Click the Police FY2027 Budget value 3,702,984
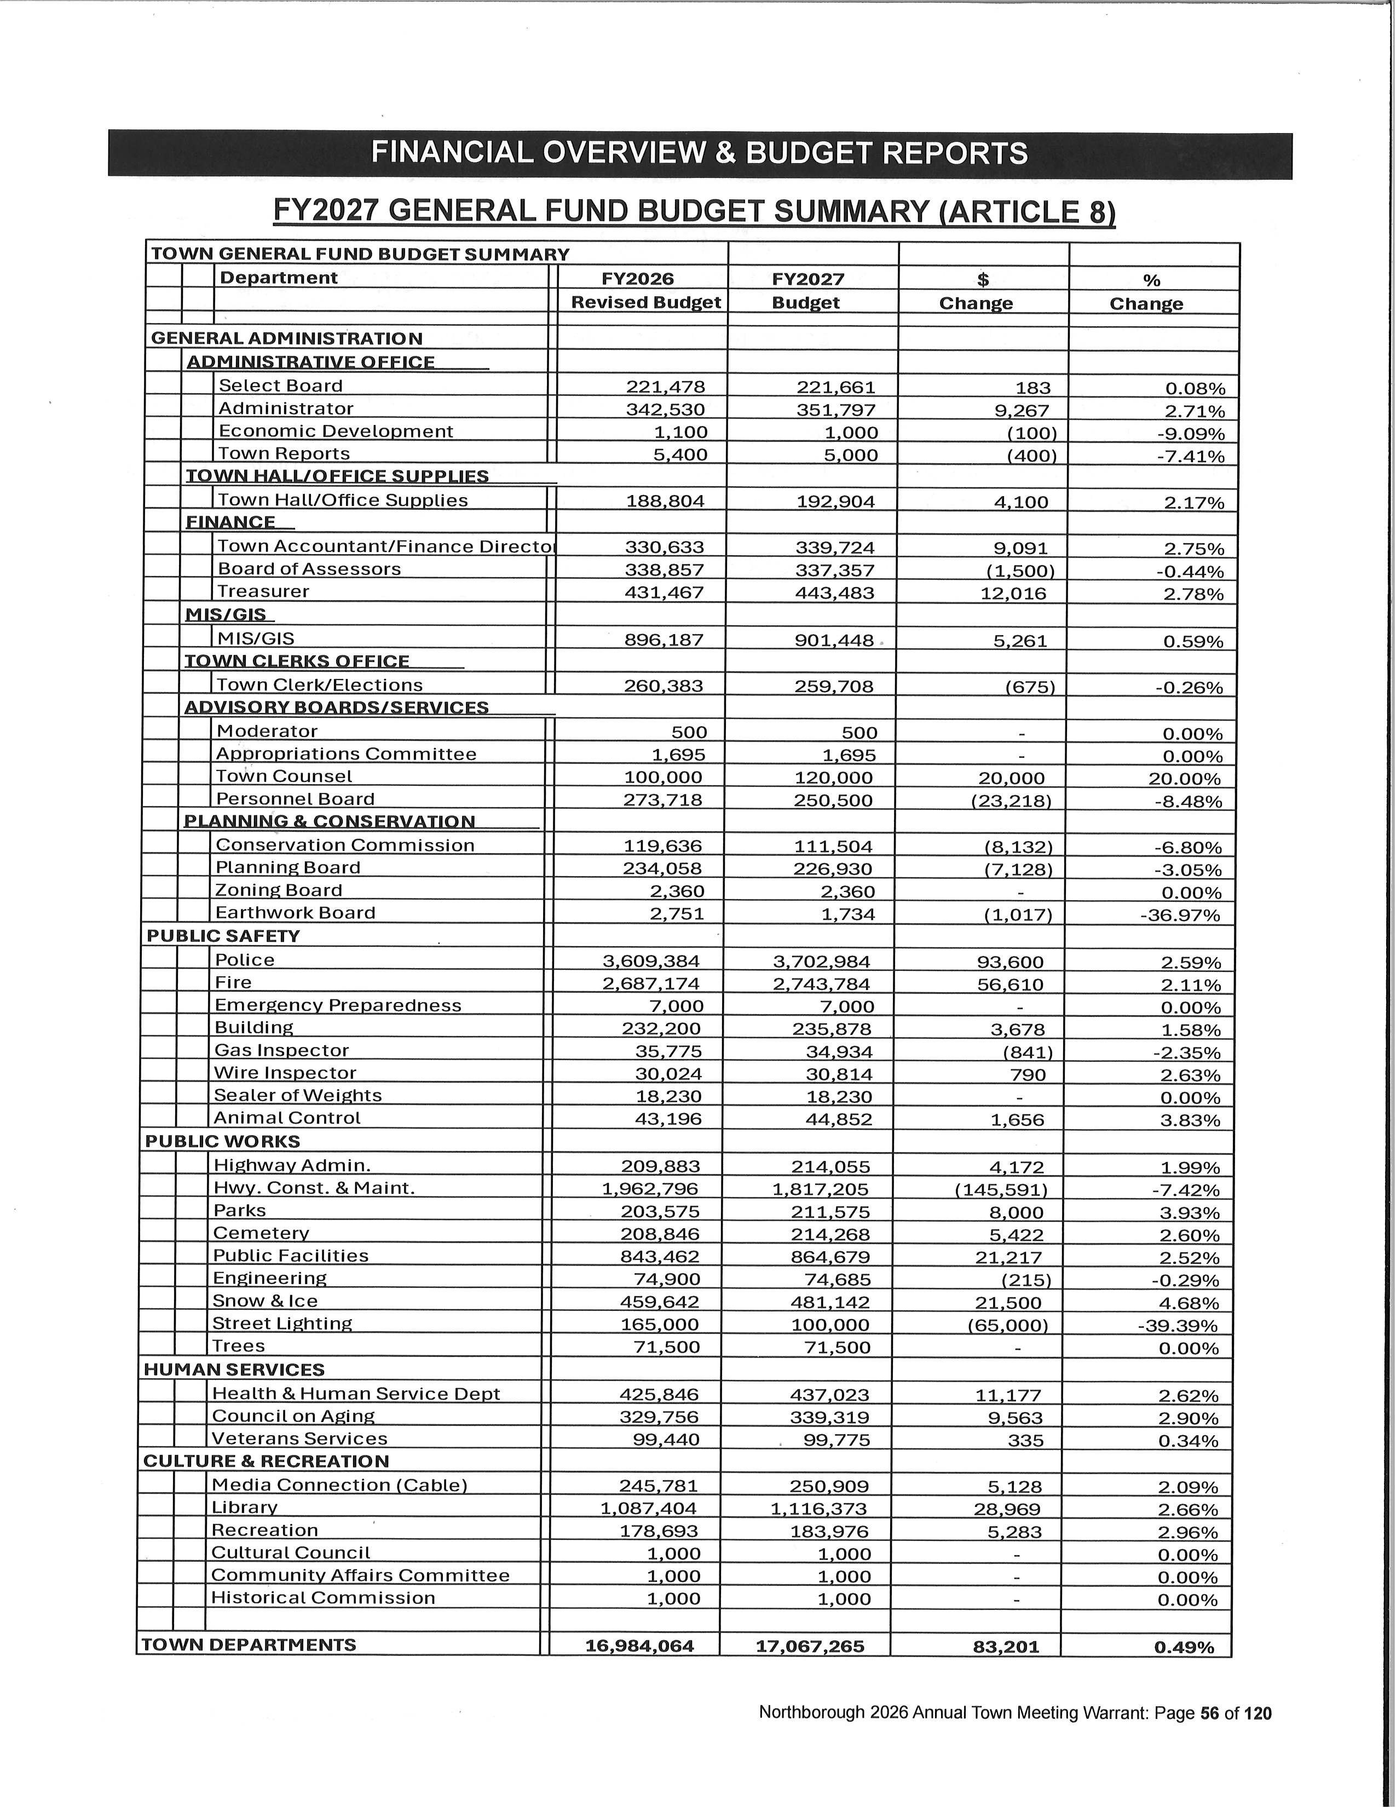[821, 962]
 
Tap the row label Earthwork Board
[295, 913]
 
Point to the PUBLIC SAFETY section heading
[223, 936]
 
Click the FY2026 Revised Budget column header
[646, 290]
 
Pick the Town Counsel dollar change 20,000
[1012, 779]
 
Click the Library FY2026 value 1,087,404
[648, 1509]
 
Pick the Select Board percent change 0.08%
[1194, 389]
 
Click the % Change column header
[1146, 292]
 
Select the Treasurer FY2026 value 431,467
[664, 592]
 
